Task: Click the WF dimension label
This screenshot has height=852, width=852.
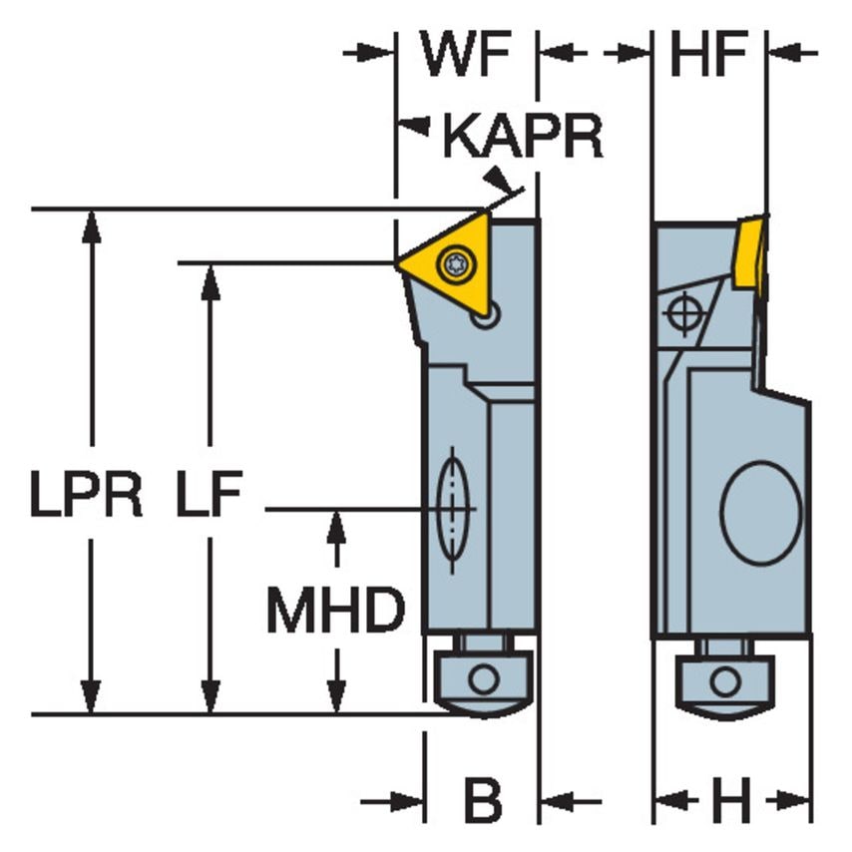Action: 467,56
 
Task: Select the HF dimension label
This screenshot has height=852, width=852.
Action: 708,56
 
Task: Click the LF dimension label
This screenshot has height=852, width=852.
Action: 209,496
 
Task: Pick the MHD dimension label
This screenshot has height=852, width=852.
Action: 335,611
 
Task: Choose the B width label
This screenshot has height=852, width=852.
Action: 483,800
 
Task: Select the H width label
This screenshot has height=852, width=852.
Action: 732,800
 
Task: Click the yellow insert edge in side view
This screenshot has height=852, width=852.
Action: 750,254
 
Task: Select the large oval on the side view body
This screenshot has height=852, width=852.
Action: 761,512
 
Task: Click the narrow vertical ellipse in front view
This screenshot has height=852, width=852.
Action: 453,510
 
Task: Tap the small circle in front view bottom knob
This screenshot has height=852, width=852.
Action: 484,680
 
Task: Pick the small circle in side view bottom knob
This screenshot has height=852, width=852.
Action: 725,682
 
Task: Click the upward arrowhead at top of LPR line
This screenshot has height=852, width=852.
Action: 92,224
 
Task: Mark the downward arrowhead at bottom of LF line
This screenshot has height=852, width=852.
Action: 210,697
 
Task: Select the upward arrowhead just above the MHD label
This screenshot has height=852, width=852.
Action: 336,525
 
